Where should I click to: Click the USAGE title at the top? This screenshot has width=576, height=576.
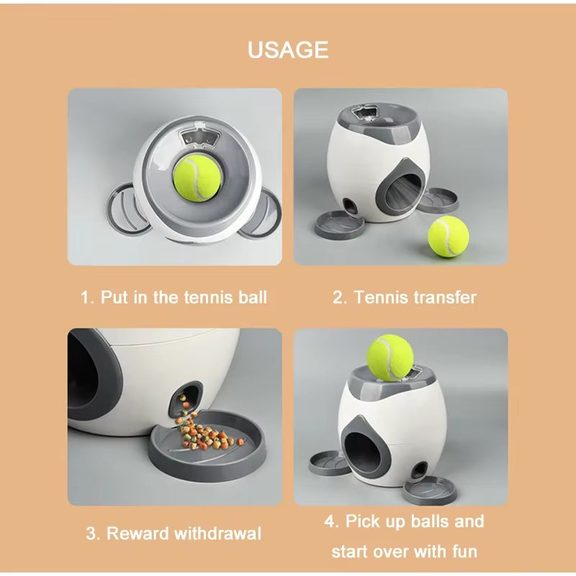(x=288, y=50)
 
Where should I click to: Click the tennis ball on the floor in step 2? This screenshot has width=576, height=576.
(x=448, y=237)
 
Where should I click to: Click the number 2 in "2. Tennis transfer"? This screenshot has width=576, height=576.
(x=338, y=297)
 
